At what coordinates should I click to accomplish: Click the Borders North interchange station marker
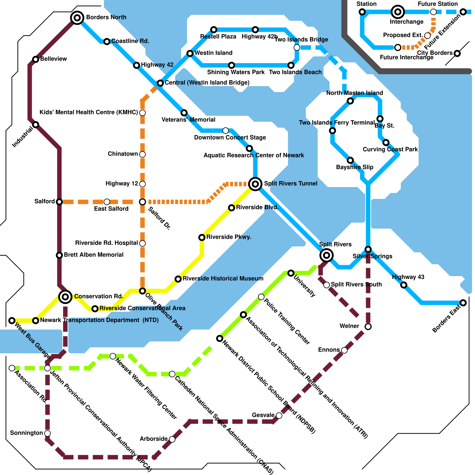[x=77, y=18]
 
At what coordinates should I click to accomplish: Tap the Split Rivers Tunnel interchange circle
[x=255, y=184]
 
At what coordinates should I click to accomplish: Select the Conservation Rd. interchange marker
[x=65, y=297]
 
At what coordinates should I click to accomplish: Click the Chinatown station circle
[x=142, y=154]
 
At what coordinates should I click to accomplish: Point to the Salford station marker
[x=59, y=202]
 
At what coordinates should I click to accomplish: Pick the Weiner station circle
[x=368, y=327]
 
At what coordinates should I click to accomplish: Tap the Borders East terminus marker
[x=463, y=303]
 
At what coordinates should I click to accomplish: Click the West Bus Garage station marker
[x=12, y=321]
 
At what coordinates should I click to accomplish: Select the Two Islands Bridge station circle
[x=297, y=47]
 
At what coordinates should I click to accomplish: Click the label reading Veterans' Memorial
[x=189, y=120]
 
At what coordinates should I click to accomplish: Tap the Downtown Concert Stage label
[x=230, y=137]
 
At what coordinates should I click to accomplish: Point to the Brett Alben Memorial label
[x=94, y=255]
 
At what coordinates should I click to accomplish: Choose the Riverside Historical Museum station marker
[x=178, y=279]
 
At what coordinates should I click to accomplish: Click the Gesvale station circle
[x=279, y=416]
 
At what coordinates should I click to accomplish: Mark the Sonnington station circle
[x=47, y=433]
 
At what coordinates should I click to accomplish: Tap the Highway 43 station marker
[x=404, y=285]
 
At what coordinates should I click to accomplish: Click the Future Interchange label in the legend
[x=407, y=57]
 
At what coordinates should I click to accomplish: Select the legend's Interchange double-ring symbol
[x=398, y=12]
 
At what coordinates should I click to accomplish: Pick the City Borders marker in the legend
[x=457, y=53]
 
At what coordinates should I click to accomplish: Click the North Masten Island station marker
[x=350, y=101]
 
